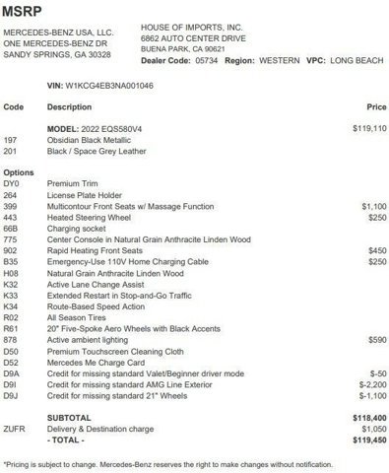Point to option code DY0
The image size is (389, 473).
pos(11,184)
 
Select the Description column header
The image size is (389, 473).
pos(69,105)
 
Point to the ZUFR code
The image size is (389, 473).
pos(14,429)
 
